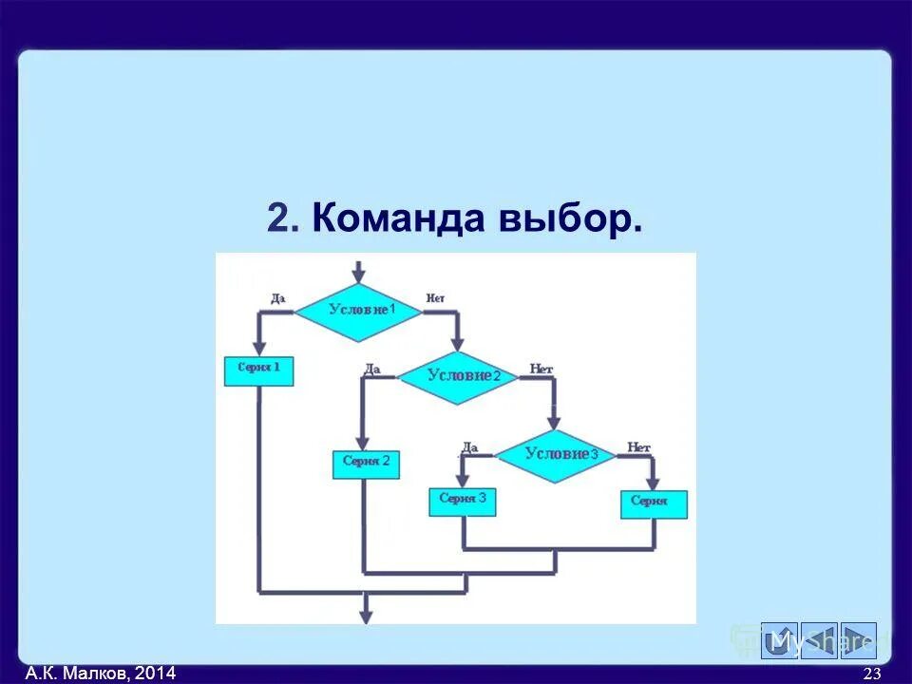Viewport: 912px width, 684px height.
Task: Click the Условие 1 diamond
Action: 358,311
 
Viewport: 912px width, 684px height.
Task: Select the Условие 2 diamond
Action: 458,376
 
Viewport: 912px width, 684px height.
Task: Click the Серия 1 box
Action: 258,370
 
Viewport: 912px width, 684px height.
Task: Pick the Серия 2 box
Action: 366,464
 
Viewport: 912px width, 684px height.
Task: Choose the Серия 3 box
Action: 463,501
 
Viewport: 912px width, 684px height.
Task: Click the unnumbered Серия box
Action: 653,503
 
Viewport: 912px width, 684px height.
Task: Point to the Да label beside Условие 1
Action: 277,298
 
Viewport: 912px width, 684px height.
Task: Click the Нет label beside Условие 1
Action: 435,298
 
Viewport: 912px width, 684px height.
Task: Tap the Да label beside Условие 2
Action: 372,369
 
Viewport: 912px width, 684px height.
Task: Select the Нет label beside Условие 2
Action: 541,369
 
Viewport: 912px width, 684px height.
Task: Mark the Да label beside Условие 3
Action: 469,446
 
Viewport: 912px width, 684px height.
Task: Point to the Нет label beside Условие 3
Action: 638,446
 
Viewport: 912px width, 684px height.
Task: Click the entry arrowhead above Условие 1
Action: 358,277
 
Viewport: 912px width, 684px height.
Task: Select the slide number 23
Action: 871,674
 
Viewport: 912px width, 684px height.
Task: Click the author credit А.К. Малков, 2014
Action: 101,674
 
